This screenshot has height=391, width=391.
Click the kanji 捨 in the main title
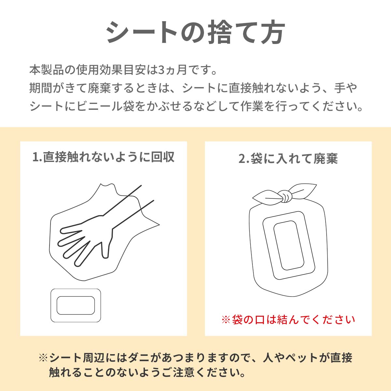pos(220,32)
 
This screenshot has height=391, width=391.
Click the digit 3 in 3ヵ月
pos(161,70)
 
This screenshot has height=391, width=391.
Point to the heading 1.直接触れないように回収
pos(104,157)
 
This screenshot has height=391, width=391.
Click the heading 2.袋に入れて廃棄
pos(288,158)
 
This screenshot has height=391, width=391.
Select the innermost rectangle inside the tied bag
pos(289,246)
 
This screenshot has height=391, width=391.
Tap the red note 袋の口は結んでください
pos(293,320)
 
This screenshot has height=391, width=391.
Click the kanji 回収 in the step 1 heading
pos(163,157)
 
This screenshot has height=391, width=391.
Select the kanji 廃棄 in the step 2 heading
pos(326,158)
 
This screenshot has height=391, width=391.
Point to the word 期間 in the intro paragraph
pos(41,88)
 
